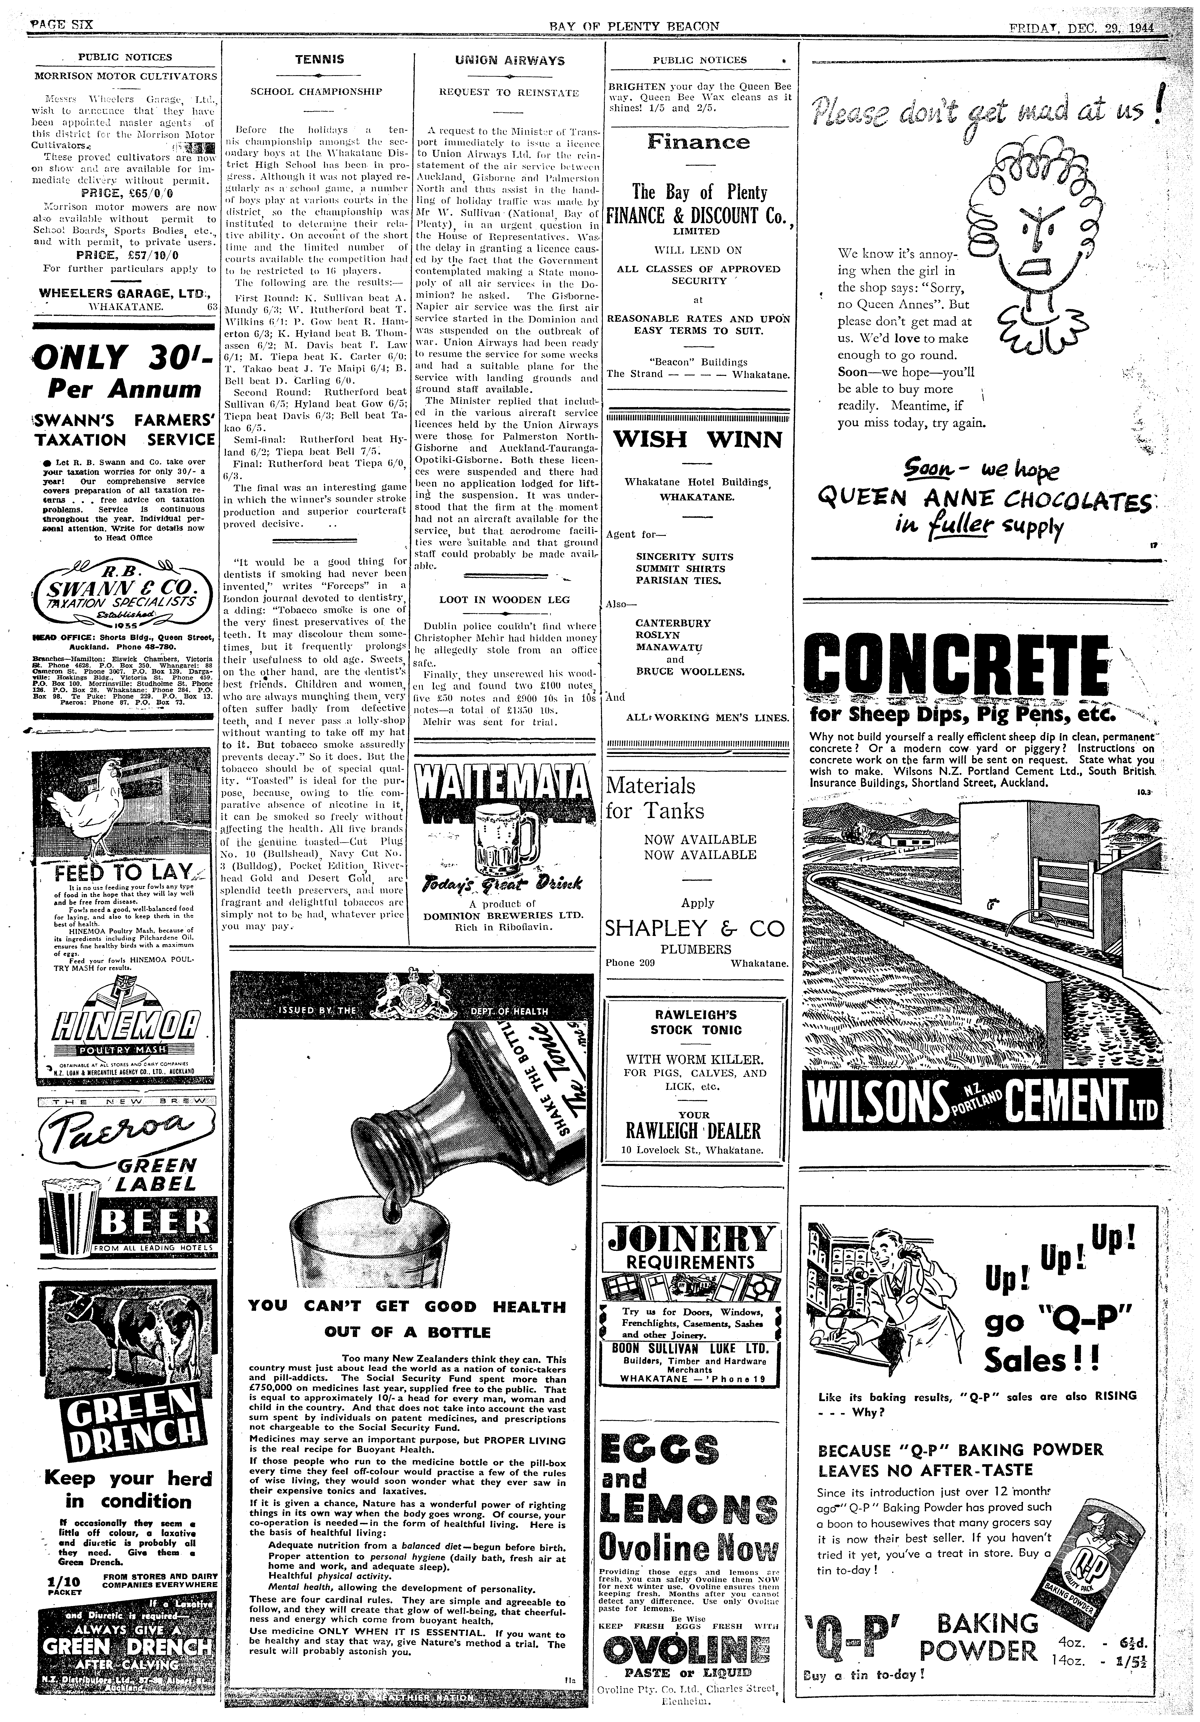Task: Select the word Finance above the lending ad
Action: click(x=698, y=141)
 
